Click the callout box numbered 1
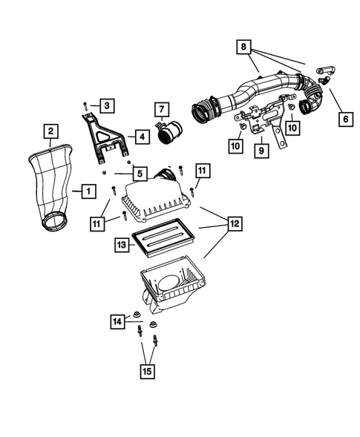(x=88, y=191)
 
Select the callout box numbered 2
(x=50, y=133)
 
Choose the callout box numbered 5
(x=139, y=174)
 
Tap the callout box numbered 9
(x=261, y=151)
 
